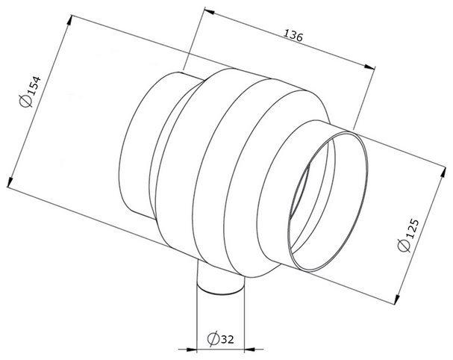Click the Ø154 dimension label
(x=30, y=91)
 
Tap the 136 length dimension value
(x=293, y=35)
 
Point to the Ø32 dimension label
(x=220, y=338)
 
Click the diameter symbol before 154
(x=25, y=101)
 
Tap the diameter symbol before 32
(x=213, y=339)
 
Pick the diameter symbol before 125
(x=404, y=246)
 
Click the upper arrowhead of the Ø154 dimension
(x=69, y=20)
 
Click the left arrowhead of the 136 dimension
(x=209, y=11)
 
